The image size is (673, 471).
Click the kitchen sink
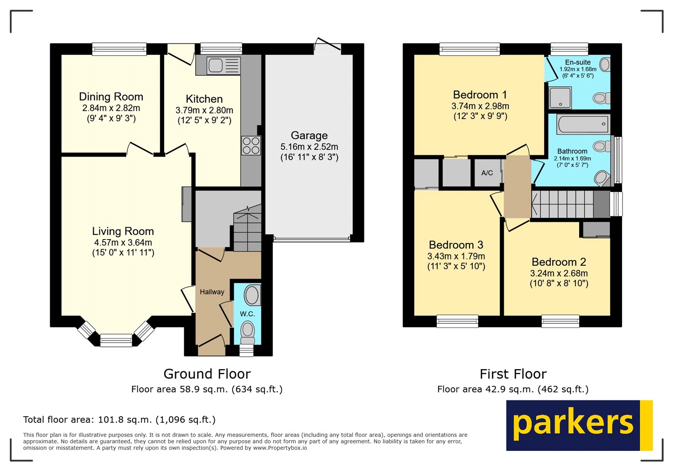point(216,66)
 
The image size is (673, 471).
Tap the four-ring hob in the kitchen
point(251,146)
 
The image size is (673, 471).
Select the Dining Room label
point(111,97)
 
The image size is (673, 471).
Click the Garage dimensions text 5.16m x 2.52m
point(309,147)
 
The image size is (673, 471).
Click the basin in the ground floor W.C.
point(252,295)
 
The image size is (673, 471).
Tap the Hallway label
point(212,292)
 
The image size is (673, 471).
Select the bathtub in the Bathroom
point(583,124)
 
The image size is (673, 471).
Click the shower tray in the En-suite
point(560,98)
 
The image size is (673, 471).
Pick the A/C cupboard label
point(487,173)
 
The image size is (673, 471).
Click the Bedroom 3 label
point(456,245)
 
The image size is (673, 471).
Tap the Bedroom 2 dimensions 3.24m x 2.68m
point(559,273)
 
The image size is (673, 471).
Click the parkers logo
point(579,425)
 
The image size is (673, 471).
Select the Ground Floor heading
point(207,374)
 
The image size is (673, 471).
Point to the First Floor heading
point(513,374)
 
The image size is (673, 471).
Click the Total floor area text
point(119,420)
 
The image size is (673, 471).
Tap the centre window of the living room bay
point(116,340)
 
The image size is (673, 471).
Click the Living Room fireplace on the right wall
point(186,204)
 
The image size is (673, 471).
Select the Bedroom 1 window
point(470,49)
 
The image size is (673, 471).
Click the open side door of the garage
point(328,45)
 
